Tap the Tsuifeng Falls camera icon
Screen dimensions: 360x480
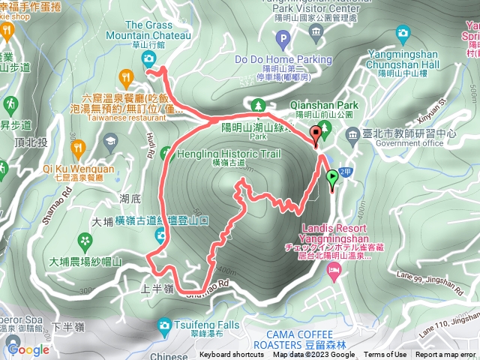(x=164, y=325)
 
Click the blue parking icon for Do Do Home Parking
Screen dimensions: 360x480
(x=282, y=38)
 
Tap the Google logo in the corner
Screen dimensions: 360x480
(x=28, y=349)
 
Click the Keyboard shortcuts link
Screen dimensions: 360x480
(x=232, y=355)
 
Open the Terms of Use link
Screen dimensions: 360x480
(x=385, y=355)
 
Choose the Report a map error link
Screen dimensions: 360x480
(x=445, y=355)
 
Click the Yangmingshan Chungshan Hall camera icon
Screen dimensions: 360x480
(x=403, y=32)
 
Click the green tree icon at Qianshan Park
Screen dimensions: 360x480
(x=258, y=106)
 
